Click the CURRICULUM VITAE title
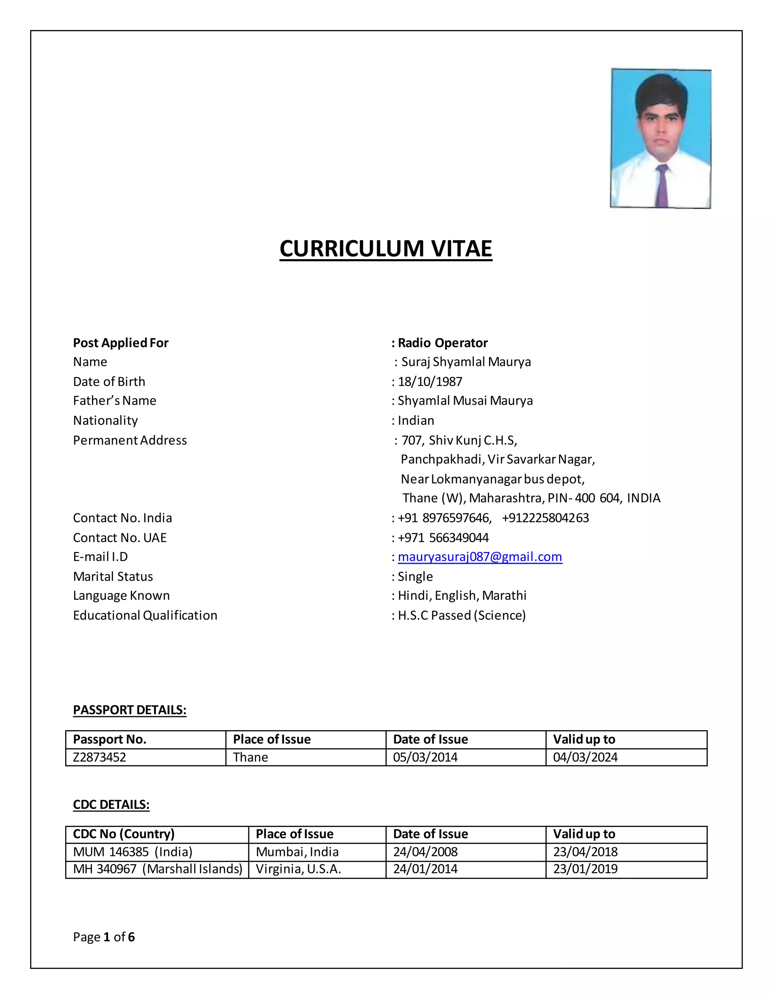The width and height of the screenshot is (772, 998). click(x=386, y=249)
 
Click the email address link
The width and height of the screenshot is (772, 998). click(x=480, y=557)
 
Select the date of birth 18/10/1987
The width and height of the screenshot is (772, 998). click(x=430, y=381)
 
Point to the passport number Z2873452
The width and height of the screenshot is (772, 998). click(x=99, y=757)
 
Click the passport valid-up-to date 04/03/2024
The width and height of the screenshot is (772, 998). click(x=585, y=757)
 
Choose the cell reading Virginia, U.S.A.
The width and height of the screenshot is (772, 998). click(x=298, y=869)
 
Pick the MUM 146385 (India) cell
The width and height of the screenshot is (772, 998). click(x=133, y=852)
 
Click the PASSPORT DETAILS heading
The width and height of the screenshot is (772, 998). click(x=129, y=710)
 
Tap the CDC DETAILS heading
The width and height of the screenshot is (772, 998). click(x=111, y=805)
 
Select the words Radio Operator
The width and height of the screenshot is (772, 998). click(x=442, y=343)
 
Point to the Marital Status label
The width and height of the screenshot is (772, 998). click(x=113, y=576)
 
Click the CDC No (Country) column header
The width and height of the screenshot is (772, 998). click(x=124, y=834)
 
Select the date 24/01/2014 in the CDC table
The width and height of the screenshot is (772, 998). click(x=425, y=869)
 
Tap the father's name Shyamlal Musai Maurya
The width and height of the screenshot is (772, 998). click(x=465, y=401)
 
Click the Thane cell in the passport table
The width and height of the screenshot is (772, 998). click(x=250, y=757)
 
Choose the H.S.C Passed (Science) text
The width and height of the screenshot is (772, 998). click(x=461, y=615)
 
